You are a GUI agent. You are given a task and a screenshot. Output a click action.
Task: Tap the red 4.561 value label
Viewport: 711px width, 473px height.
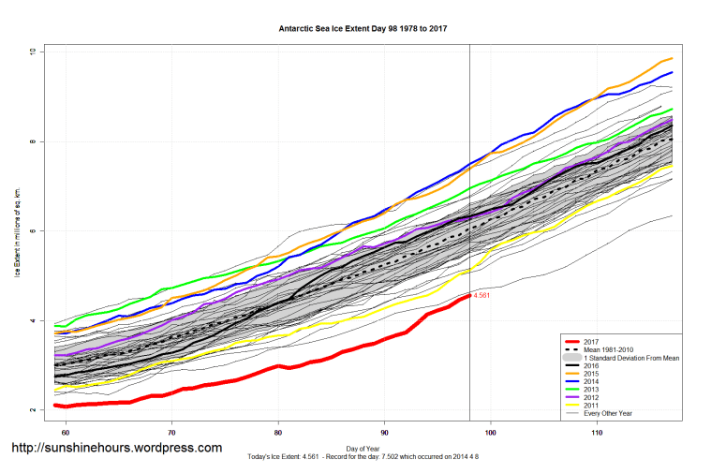pyautogui.click(x=481, y=296)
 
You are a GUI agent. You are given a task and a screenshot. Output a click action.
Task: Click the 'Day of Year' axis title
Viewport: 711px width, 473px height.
pyautogui.click(x=363, y=447)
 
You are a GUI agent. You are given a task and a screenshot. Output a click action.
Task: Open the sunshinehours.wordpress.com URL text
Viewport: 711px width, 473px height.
pyautogui.click(x=116, y=448)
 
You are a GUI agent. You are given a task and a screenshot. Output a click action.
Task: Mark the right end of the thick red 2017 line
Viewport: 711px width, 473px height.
pyautogui.click(x=468, y=295)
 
